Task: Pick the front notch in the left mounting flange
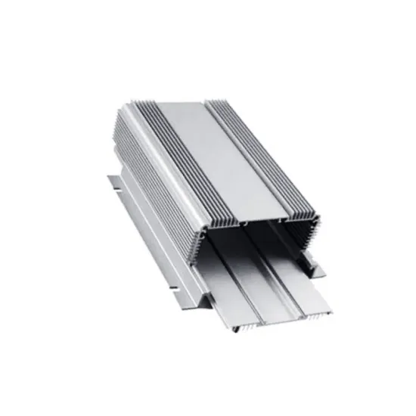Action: (x=175, y=288)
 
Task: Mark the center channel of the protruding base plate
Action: (x=261, y=299)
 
